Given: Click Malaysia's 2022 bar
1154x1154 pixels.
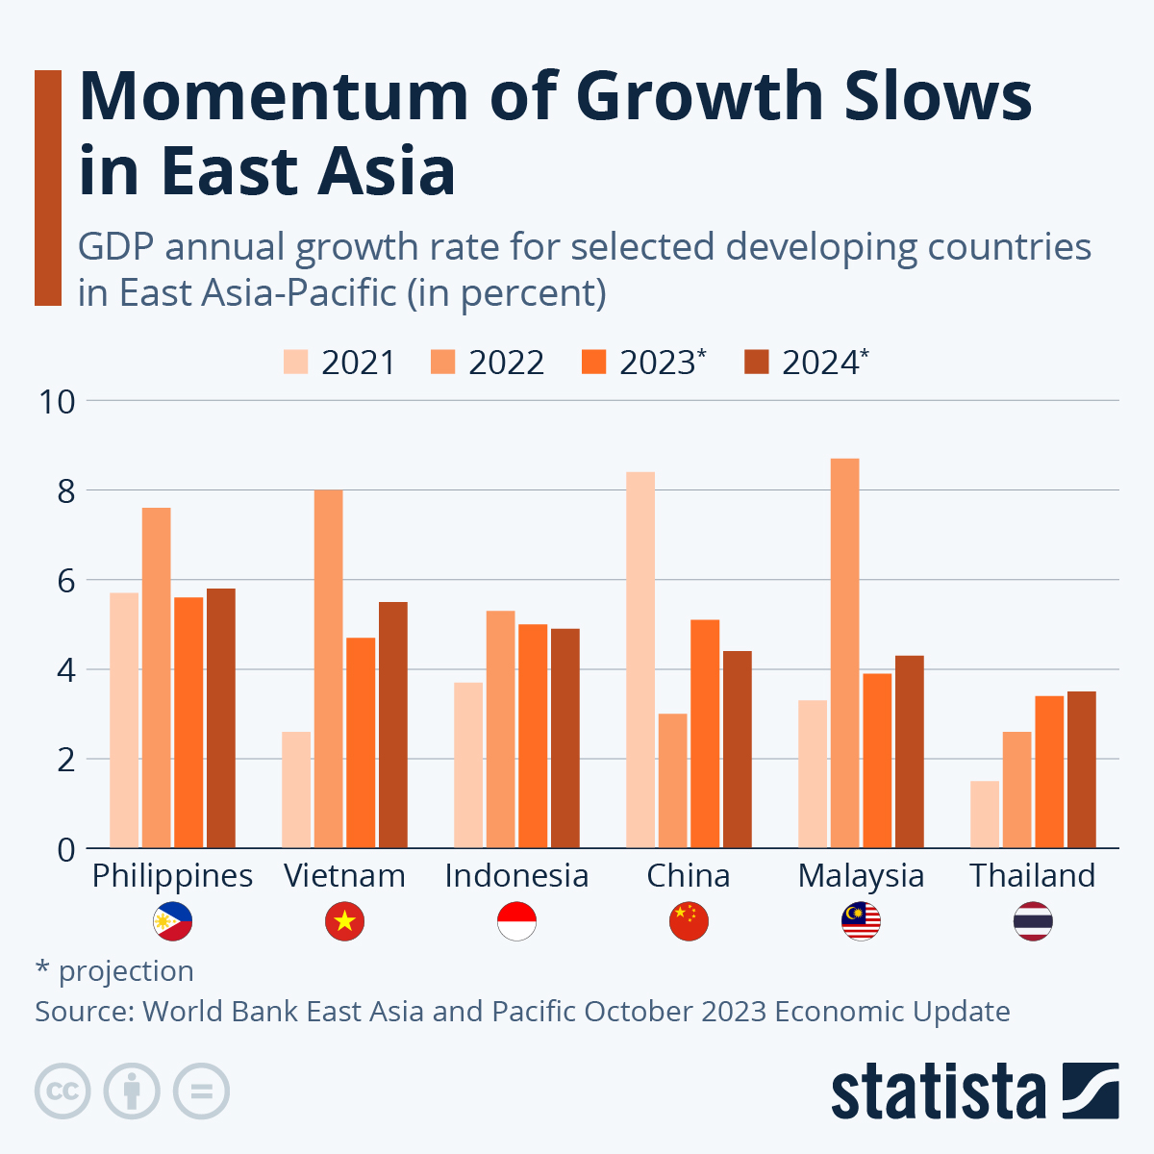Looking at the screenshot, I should click(844, 654).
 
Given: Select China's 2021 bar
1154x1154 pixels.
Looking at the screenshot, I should click(640, 660).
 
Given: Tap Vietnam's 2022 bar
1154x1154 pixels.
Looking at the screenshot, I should click(328, 669).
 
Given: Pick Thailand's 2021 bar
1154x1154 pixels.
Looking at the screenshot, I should click(985, 815).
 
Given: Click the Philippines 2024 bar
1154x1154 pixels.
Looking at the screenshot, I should click(221, 718).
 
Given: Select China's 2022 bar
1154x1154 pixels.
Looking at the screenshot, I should click(672, 781).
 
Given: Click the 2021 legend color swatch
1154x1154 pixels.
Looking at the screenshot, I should click(295, 363).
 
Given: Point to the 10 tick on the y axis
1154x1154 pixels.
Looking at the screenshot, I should click(56, 401).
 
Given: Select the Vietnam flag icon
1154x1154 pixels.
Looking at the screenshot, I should click(344, 921).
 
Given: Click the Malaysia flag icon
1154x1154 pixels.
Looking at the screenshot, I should click(861, 921).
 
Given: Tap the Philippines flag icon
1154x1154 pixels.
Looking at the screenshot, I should click(172, 921).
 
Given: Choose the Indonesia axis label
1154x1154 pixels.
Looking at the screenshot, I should click(516, 876).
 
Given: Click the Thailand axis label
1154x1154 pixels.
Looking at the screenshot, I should click(1032, 876).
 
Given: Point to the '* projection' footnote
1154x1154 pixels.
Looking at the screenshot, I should click(114, 971).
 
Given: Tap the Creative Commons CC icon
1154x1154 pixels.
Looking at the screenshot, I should click(63, 1091).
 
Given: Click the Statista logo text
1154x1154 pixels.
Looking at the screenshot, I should click(938, 1091).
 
